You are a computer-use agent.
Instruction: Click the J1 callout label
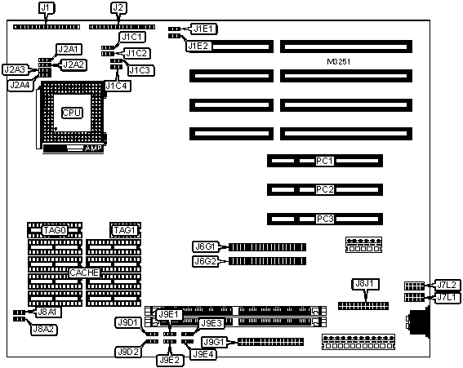click(46, 8)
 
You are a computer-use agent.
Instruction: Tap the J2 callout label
click(118, 8)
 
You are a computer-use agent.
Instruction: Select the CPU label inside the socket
click(72, 113)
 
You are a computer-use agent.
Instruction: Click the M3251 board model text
click(339, 62)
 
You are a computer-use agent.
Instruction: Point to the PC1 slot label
click(324, 161)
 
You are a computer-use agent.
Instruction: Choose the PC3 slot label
click(324, 219)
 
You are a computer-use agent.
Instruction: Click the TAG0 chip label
click(55, 230)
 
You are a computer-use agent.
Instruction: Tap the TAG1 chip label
click(125, 230)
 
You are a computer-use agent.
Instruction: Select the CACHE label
click(84, 273)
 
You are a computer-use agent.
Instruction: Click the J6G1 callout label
click(205, 246)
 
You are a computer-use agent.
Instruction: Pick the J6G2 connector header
click(268, 261)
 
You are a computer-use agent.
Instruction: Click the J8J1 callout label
click(366, 284)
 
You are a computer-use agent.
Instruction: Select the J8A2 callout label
click(44, 330)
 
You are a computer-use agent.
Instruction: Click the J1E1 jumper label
click(204, 29)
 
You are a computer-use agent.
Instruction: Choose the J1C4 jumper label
click(118, 86)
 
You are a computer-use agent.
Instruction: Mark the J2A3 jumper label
click(15, 69)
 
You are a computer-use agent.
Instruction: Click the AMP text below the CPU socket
click(93, 149)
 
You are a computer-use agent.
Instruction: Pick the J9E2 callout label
click(170, 360)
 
